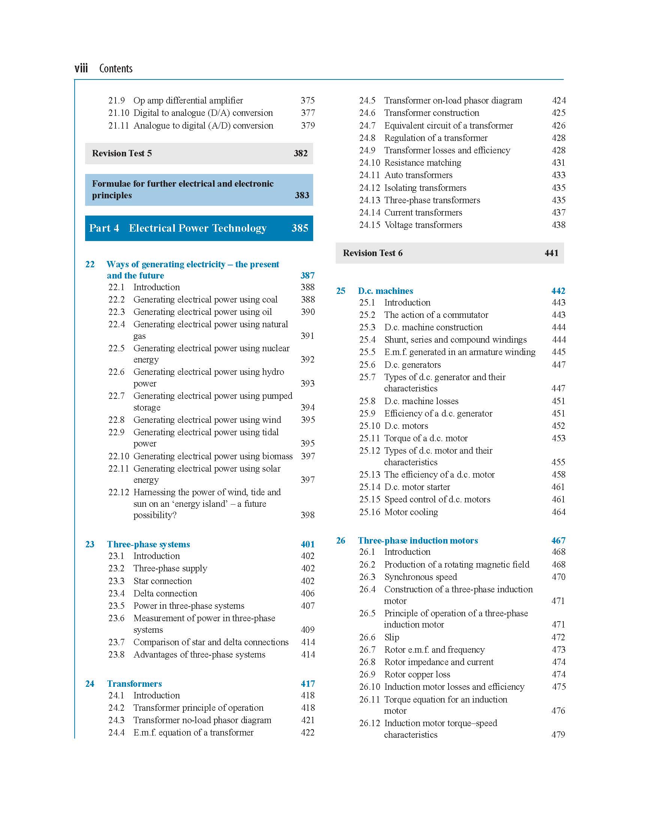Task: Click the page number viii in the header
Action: [x=81, y=69]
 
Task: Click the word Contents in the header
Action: [x=116, y=69]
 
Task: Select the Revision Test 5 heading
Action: [x=122, y=153]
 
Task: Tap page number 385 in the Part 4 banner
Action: [x=299, y=228]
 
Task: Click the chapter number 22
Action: [x=90, y=264]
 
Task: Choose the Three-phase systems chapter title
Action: [x=148, y=544]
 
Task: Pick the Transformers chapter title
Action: [x=134, y=683]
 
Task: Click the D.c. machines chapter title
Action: [x=385, y=291]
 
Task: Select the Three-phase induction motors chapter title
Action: [x=418, y=540]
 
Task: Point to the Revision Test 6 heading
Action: [x=372, y=253]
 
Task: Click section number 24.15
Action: [x=369, y=225]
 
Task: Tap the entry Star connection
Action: [x=163, y=581]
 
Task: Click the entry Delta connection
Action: [x=165, y=593]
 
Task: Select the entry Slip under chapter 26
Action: [x=392, y=637]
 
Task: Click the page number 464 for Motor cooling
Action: [x=558, y=512]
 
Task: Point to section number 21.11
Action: [x=119, y=126]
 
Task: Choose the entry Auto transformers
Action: [x=418, y=175]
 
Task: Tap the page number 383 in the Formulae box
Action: [x=302, y=195]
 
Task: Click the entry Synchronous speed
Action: [x=420, y=577]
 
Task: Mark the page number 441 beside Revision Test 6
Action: [x=551, y=253]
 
